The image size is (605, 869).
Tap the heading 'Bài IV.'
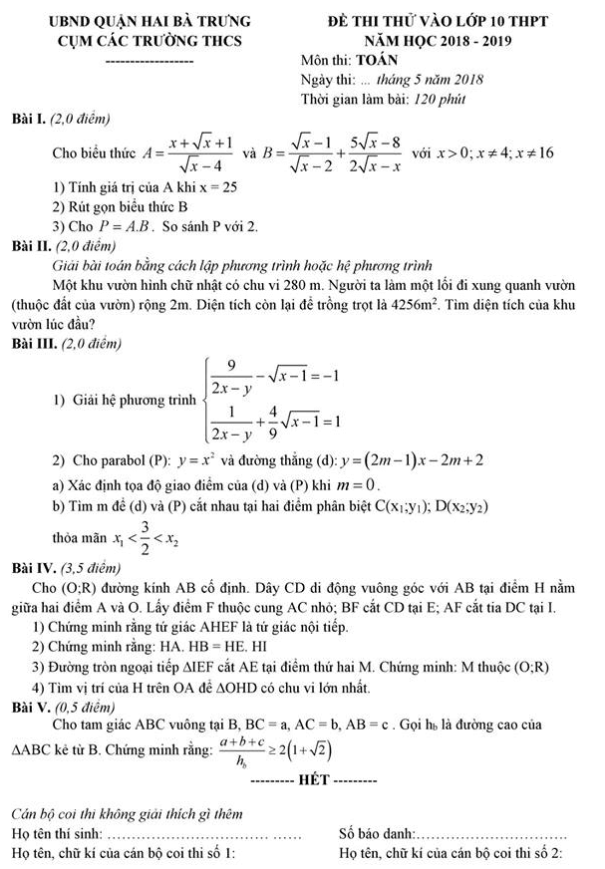coord(32,567)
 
